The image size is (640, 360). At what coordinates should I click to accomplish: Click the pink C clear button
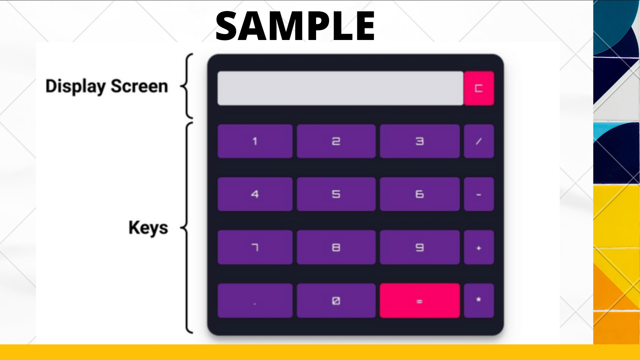coord(479,88)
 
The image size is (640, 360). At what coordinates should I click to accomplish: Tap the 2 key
coord(336,141)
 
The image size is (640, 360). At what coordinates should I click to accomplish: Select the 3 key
coord(420,141)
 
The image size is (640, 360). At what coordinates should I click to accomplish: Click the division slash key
coord(479,141)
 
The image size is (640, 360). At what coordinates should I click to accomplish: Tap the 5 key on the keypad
coord(336,194)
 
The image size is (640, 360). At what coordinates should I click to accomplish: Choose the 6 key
coord(420,194)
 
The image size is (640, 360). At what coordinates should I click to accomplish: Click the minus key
coord(479,194)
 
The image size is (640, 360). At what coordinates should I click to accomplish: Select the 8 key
coord(336,247)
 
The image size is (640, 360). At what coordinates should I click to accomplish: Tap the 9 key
coord(420,247)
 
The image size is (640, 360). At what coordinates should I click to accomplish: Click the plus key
coord(479,247)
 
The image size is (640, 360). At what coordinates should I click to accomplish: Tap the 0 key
coord(336,301)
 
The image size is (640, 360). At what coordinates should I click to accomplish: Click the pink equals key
coord(420,301)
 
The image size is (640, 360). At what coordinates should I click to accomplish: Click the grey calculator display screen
coord(340,88)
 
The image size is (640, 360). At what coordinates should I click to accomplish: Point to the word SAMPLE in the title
coord(295,26)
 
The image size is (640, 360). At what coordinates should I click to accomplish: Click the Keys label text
coord(148,228)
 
